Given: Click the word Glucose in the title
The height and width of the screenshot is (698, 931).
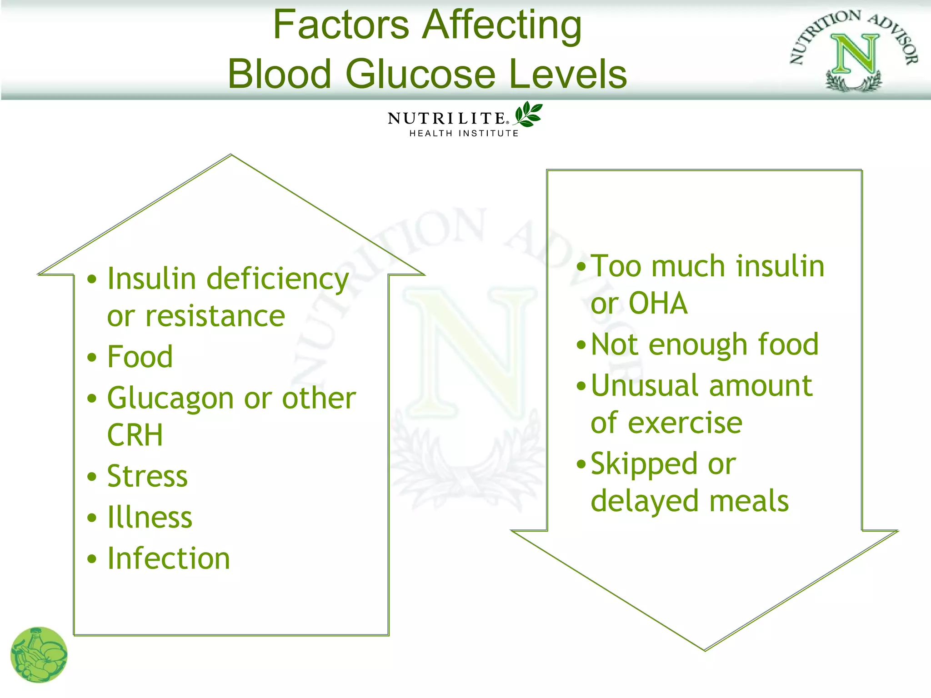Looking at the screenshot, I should (420, 74).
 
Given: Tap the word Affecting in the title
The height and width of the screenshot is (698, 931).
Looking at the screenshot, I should (502, 25).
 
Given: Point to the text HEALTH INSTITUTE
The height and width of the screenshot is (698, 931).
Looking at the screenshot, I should (464, 134).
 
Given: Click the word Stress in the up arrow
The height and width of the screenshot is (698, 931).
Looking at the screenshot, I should (147, 476).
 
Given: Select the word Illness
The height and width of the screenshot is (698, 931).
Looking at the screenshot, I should (150, 518).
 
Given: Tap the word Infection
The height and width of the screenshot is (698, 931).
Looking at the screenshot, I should (169, 558).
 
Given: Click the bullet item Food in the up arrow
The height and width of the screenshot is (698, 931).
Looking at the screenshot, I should (140, 357).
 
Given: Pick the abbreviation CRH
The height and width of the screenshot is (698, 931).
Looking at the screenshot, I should (135, 435).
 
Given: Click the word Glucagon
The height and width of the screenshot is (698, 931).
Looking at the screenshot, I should (170, 399).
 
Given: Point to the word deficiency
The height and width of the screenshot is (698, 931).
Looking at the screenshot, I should (278, 279).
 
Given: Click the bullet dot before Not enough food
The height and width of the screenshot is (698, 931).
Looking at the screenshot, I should (581, 345).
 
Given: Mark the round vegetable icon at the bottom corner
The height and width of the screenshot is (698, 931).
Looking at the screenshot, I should (39, 655).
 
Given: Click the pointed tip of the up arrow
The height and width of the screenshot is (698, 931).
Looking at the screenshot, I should (231, 156).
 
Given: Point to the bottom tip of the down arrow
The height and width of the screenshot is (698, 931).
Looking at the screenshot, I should (705, 650).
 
